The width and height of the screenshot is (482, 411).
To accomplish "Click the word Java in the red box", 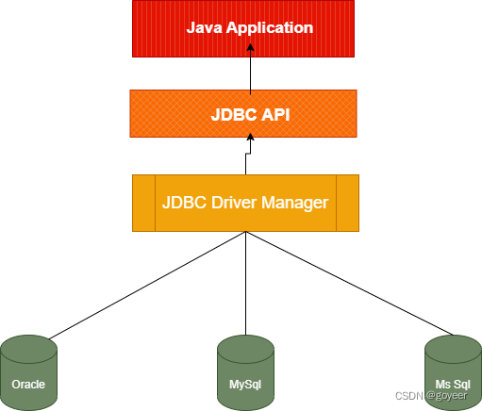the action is coord(205,27).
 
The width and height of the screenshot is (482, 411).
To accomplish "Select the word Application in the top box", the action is coord(270,28).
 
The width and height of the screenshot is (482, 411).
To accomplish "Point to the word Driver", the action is coord(234,203).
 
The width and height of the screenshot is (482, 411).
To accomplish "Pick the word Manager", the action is coord(295,203).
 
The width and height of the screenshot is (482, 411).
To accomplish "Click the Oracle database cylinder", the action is coord(29,372).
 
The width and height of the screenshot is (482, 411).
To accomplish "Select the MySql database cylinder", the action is coord(245,372).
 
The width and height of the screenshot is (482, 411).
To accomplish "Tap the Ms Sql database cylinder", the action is coord(453,372).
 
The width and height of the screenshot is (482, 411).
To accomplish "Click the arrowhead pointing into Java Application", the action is coord(250,47).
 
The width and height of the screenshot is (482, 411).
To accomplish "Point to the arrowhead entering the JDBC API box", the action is coord(250,137).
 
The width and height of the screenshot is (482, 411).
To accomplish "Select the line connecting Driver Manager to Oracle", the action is coord(147,286).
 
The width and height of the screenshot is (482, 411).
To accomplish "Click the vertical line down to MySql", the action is coord(245,283).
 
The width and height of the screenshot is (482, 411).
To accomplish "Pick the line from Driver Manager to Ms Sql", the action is coord(349,283).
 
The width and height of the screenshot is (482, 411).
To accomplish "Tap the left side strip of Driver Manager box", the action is coord(143,203).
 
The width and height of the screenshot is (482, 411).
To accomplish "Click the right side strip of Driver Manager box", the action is coord(347,203).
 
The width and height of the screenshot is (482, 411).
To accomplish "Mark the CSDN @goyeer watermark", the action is coord(431,396).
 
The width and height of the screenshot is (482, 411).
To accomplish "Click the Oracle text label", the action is coord(28,385).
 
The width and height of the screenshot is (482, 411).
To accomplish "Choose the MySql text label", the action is coord(245,385).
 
